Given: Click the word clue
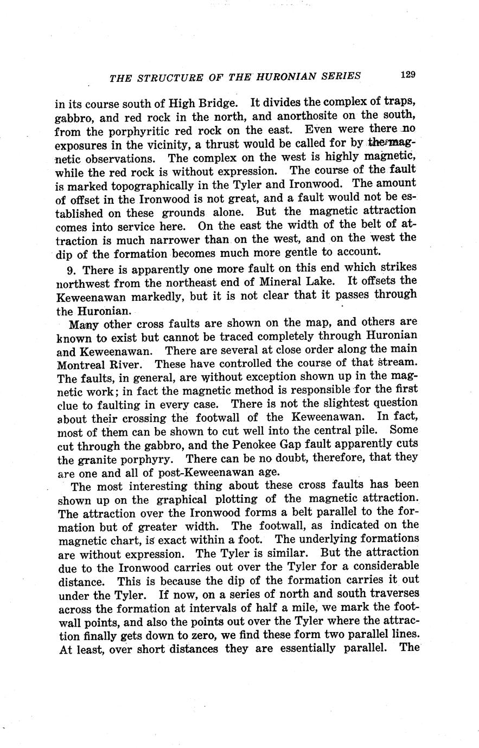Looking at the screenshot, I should coord(68,404).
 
